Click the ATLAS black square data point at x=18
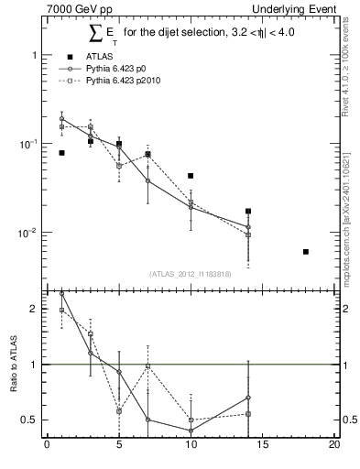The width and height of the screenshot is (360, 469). click(306, 252)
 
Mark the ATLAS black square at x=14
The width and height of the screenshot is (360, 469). click(248, 212)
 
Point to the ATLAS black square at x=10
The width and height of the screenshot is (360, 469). click(191, 176)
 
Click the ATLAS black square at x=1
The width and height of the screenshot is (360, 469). click(61, 153)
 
